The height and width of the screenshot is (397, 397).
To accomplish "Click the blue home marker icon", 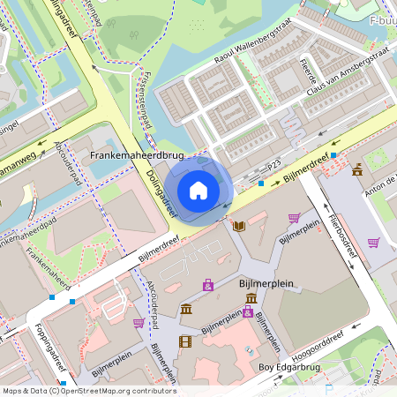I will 198,190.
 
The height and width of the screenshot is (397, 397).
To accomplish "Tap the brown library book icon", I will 238,226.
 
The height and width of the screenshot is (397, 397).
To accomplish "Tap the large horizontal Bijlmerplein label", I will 266,284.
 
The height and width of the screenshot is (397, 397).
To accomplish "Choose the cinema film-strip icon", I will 185,341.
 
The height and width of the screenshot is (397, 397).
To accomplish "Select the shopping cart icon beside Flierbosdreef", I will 373,242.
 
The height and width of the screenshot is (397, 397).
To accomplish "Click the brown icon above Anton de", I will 357,169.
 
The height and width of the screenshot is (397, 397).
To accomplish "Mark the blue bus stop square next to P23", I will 261,184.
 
